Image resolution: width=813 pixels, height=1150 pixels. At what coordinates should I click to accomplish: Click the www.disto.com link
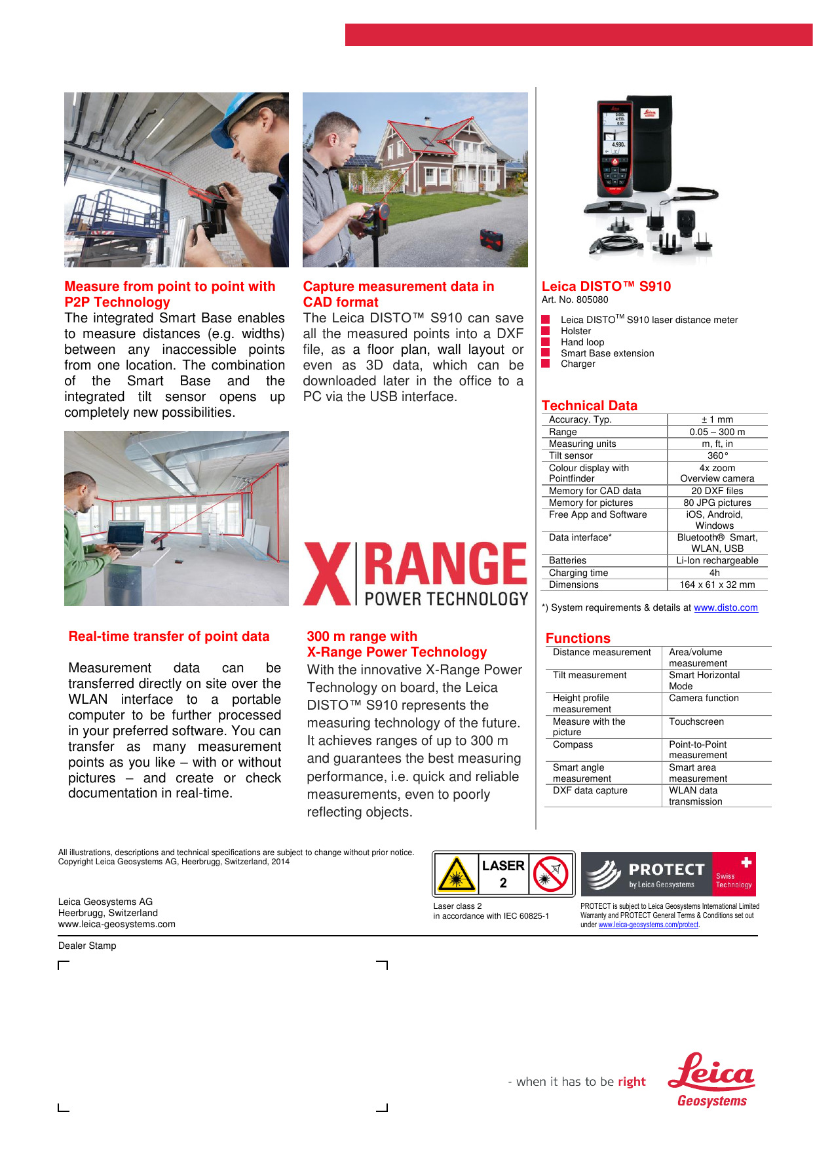click(x=725, y=607)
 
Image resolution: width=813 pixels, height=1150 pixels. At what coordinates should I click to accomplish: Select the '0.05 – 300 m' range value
click(x=717, y=432)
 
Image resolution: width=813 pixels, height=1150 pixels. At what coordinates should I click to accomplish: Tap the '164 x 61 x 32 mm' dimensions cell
click(x=717, y=585)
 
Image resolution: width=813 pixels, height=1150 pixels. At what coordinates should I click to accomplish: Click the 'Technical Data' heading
click(x=589, y=406)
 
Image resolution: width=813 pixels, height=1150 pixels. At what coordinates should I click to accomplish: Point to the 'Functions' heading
click(x=577, y=638)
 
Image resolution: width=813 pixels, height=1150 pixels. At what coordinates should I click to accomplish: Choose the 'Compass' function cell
click(x=573, y=744)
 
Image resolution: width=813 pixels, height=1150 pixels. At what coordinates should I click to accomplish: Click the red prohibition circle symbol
click(x=550, y=873)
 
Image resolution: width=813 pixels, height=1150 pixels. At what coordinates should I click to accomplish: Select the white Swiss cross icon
click(x=746, y=862)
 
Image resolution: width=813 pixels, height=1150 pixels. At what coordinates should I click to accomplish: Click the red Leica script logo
click(x=711, y=1072)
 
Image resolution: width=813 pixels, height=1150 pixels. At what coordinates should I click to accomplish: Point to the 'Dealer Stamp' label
click(x=87, y=946)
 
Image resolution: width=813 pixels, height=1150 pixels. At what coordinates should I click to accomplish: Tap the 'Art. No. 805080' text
click(x=575, y=299)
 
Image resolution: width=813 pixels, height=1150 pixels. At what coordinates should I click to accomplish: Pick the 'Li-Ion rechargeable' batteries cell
click(x=717, y=560)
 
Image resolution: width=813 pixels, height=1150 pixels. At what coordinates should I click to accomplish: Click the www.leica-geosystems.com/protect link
click(x=648, y=925)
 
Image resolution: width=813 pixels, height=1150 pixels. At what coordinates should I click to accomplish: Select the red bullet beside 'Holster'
click(x=546, y=331)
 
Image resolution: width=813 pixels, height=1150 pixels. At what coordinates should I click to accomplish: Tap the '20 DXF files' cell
click(x=717, y=491)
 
